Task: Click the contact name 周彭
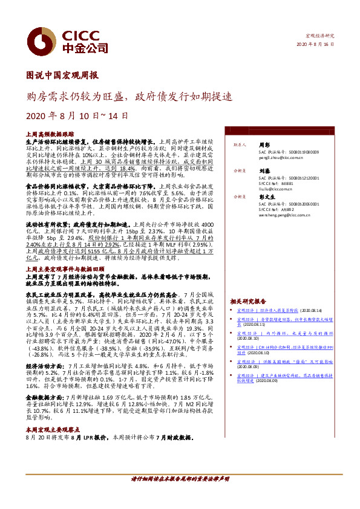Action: (x=264, y=145)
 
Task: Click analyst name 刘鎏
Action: (x=264, y=171)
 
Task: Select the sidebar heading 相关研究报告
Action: (x=247, y=301)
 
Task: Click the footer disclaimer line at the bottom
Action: (x=180, y=494)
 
